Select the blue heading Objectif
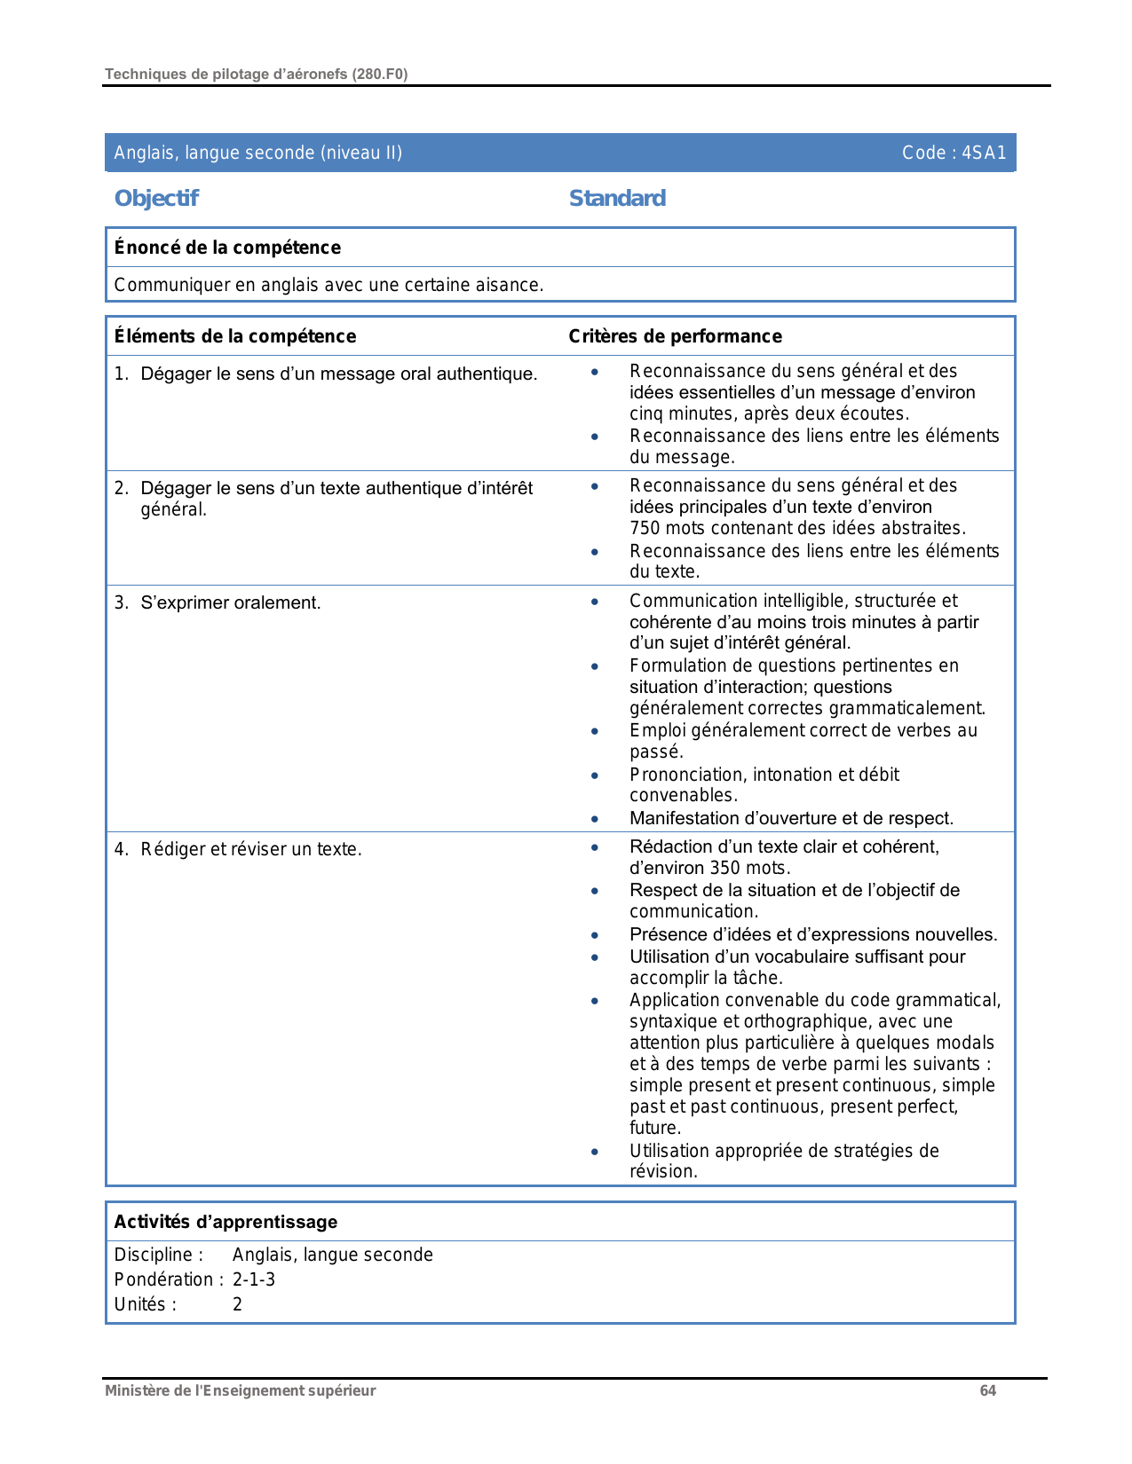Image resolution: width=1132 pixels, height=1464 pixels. coord(156,199)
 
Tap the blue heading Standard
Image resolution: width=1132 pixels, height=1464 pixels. coord(617,199)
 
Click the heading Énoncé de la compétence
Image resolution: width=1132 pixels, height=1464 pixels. coord(227,248)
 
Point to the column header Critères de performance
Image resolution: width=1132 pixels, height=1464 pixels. coord(675,336)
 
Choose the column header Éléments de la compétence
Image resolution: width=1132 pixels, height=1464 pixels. coord(235,336)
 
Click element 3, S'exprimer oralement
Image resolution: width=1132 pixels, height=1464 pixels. coord(230,603)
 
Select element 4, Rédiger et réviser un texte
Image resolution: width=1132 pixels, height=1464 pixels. coord(250,849)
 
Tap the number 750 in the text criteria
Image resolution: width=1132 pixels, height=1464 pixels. coord(645,529)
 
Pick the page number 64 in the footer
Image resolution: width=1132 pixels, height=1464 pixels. coord(987,1390)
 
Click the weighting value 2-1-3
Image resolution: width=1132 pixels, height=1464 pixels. coord(254,1279)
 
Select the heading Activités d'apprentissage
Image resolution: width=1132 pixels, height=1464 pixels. coord(226,1222)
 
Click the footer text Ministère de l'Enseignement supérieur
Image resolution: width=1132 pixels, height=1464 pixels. coord(240,1390)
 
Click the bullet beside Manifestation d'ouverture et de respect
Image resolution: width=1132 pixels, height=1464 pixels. coord(595,818)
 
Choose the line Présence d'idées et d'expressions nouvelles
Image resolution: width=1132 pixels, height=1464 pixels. coord(813,934)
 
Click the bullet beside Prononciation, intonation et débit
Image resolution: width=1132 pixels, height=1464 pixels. coord(595,775)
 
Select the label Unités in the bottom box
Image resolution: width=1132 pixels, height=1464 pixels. coord(145,1304)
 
